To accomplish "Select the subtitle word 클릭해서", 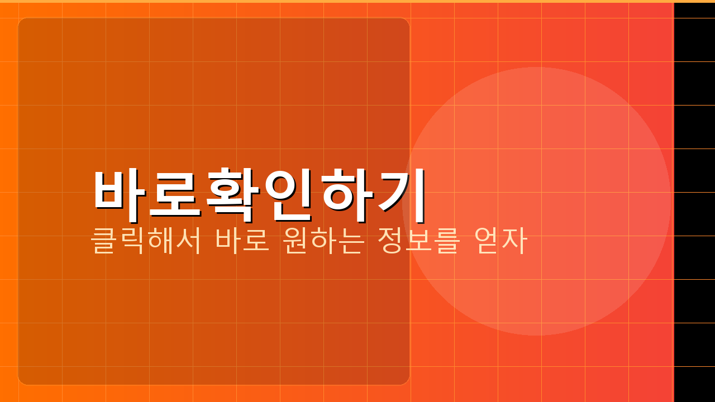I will click(146, 241).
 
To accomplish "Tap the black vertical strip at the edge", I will click(694, 201).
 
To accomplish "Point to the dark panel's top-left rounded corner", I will click(23, 23).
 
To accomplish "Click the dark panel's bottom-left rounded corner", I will click(23, 380).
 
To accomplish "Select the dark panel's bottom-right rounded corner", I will click(405, 380).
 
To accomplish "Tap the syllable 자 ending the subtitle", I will click(515, 241).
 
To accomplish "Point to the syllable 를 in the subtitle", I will click(447, 241).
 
